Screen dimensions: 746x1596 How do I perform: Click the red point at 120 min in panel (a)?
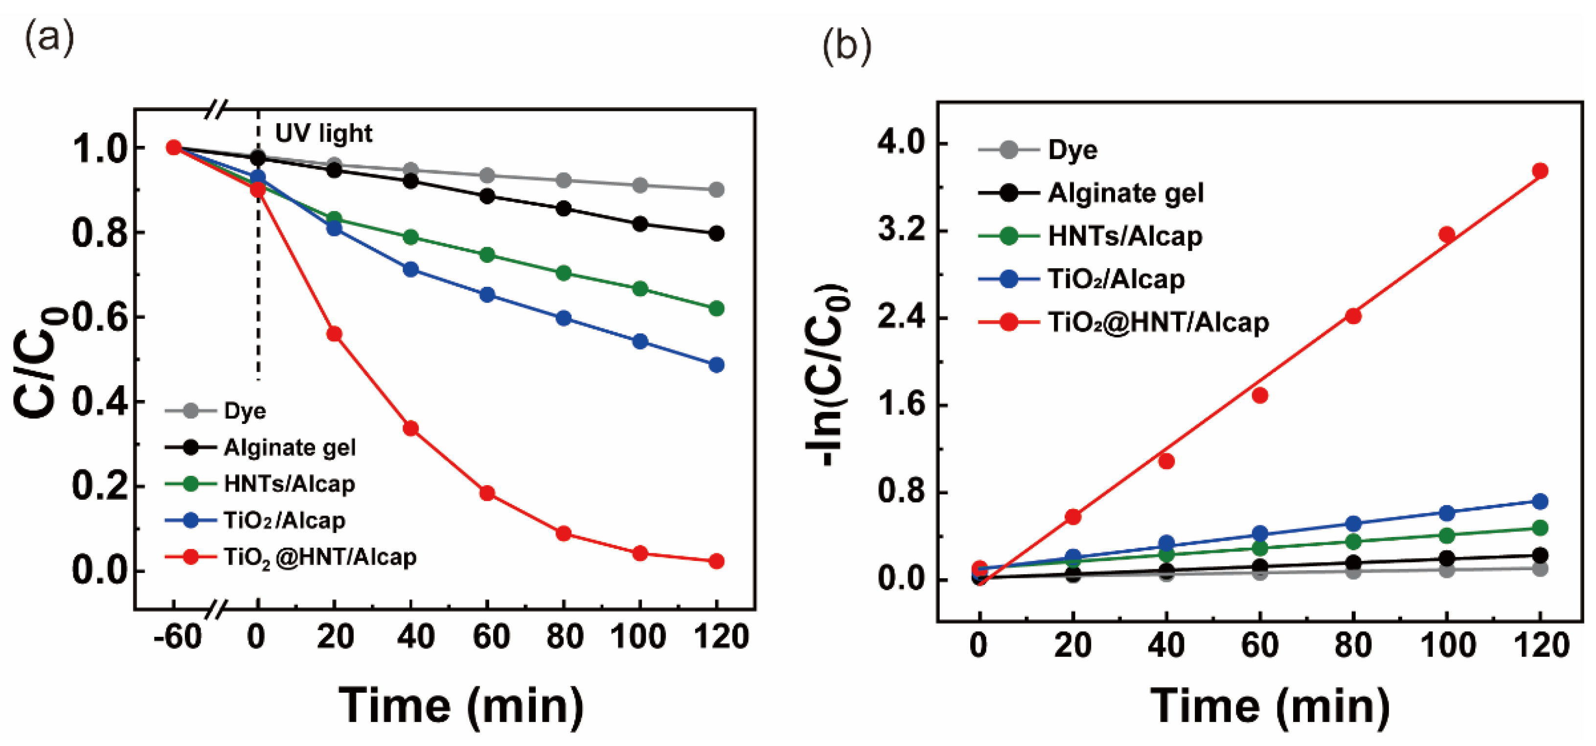coord(716,561)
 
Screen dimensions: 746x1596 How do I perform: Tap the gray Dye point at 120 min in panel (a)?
coord(716,189)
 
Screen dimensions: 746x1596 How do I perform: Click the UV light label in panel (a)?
coord(323,134)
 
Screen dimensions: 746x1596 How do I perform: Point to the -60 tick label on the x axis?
coord(178,637)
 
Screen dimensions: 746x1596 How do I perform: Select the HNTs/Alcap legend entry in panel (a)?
coord(289,484)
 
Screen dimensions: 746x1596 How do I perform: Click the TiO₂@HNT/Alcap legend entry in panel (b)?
coord(1157,322)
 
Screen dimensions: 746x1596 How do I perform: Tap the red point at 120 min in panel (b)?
coord(1540,171)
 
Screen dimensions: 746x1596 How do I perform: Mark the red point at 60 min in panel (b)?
coord(1259,396)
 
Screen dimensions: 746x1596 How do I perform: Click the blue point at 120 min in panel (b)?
coord(1540,501)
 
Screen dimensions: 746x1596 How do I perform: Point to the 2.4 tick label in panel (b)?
coord(901,318)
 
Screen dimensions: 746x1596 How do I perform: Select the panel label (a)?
coord(49,37)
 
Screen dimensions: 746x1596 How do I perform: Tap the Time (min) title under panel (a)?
coord(461,706)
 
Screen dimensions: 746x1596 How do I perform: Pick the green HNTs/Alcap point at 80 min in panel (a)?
coord(563,273)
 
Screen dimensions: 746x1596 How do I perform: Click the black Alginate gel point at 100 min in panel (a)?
coord(640,224)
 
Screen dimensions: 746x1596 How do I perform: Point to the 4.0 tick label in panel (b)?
coord(901,144)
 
